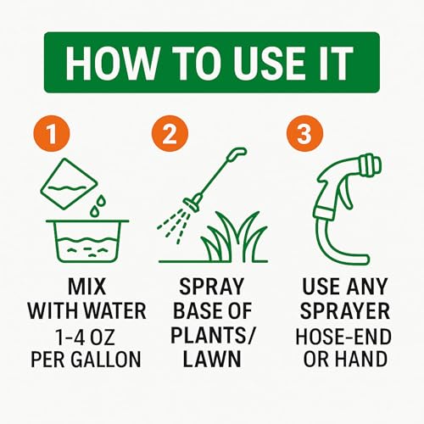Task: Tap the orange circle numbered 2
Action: (x=170, y=135)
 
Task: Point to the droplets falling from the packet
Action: (x=99, y=204)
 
